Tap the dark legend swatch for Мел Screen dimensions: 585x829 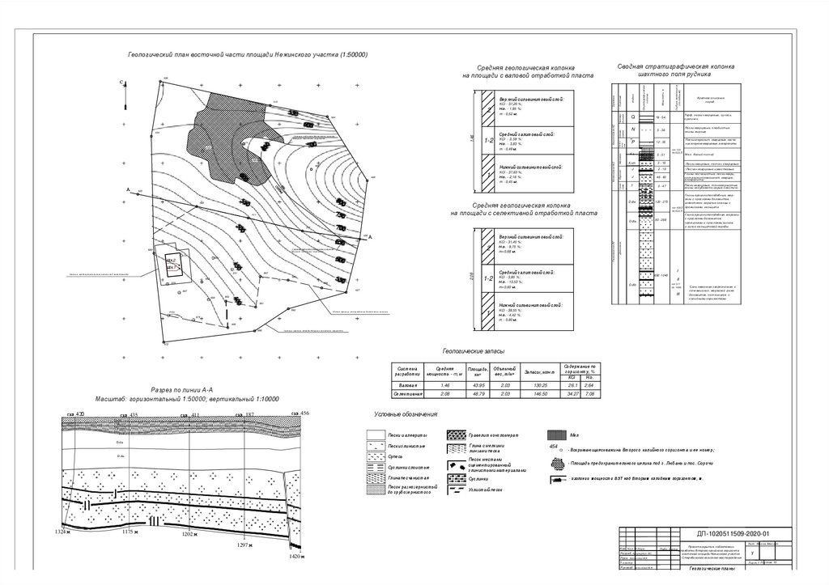coord(555,435)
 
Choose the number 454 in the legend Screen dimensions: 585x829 coord(554,447)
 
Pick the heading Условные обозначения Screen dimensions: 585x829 coord(406,414)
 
